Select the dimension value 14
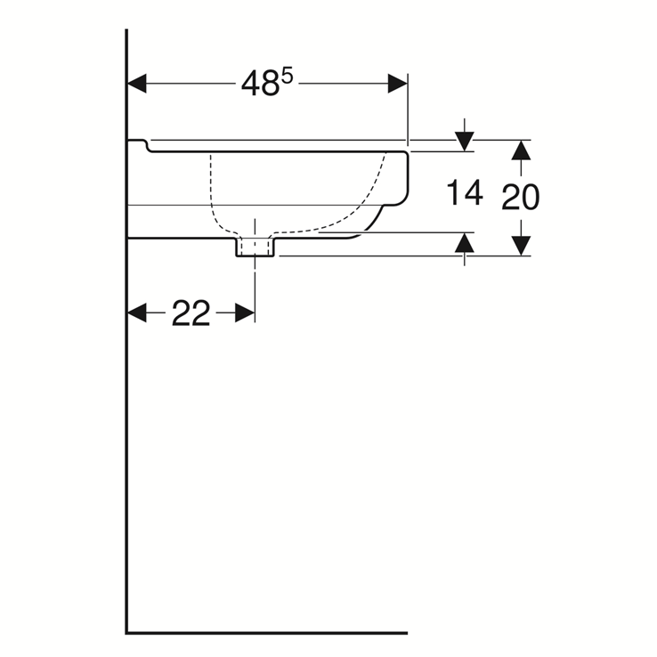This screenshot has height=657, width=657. point(464,192)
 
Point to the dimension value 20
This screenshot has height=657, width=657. point(520,198)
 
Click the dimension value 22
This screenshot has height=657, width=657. point(191,313)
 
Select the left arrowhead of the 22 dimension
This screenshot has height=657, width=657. point(137,312)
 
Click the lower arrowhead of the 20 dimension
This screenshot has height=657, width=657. point(522,245)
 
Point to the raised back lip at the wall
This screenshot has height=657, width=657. point(137,143)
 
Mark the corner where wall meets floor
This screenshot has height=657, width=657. point(127,632)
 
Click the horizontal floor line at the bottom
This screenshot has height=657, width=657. point(267,633)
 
